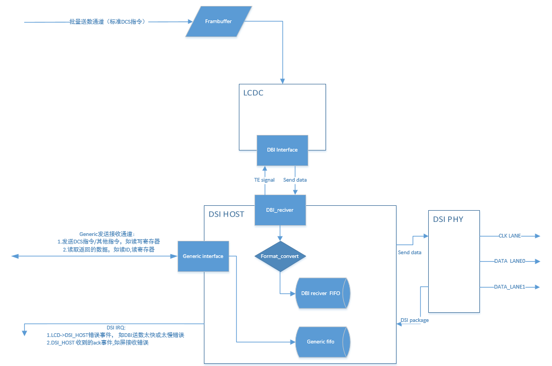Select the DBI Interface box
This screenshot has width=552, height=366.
click(x=281, y=150)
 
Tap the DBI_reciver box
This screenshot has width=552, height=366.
click(x=280, y=210)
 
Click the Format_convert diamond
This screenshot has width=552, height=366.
click(x=280, y=256)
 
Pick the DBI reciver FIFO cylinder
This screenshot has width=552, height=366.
click(x=322, y=293)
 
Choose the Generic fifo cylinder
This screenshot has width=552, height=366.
click(x=322, y=341)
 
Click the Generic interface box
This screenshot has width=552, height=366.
click(x=203, y=256)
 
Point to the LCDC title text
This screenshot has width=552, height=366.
click(x=253, y=93)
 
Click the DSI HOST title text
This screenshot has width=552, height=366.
click(x=226, y=214)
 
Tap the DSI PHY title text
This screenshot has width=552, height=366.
click(x=448, y=219)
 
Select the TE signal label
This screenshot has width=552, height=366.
click(x=264, y=180)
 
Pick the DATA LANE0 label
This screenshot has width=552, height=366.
click(x=509, y=261)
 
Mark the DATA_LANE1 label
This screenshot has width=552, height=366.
click(x=509, y=287)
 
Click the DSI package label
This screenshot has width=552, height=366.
click(x=414, y=320)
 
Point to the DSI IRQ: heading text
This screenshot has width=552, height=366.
click(x=116, y=327)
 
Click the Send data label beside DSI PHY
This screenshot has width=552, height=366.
click(x=410, y=252)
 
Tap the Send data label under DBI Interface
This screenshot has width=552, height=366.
click(x=295, y=180)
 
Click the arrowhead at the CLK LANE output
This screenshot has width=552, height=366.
click(x=536, y=235)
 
